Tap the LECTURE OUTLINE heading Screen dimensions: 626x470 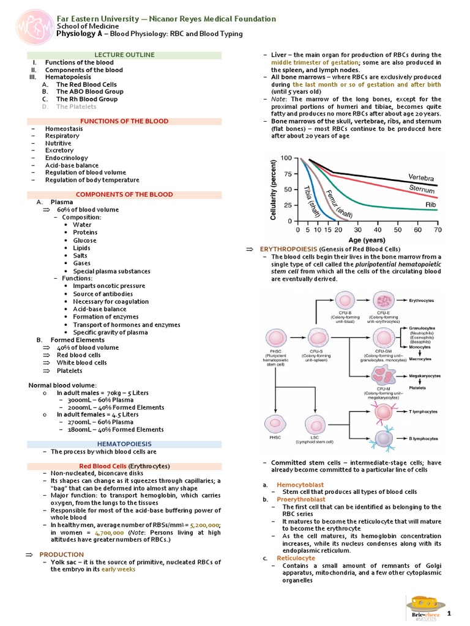pos(125,55)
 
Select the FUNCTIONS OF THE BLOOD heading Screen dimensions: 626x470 pos(125,121)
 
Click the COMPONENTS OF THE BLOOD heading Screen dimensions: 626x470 pos(125,194)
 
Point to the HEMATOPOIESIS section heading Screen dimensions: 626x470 pos(125,443)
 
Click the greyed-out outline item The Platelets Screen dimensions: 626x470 pos(76,106)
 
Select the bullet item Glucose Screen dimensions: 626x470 pos(84,240)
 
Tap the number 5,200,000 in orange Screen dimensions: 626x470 pos(204,525)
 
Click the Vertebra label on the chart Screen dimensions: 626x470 pos(421,177)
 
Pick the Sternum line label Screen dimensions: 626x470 pos(422,190)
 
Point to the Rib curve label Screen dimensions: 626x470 pos(431,205)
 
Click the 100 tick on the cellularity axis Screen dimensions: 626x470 pos(286,158)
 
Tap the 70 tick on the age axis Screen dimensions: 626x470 pos(438,230)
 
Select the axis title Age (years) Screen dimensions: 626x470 pos(367,240)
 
